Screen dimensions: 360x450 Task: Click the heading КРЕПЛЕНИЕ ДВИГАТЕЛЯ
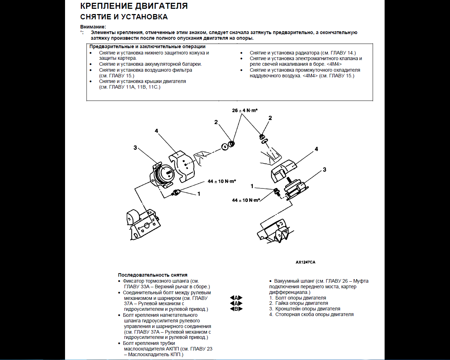(x=134, y=6)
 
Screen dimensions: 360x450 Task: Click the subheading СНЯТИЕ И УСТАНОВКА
(x=124, y=17)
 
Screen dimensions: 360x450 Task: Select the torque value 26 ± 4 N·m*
(x=245, y=110)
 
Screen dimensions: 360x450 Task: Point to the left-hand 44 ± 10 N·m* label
(x=221, y=181)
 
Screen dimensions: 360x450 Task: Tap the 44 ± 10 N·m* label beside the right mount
(x=246, y=200)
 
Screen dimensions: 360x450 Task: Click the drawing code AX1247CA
(x=305, y=262)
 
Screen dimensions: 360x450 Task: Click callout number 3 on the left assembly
(x=135, y=148)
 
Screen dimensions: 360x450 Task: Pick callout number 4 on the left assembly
(x=156, y=131)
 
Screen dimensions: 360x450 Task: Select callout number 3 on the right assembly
(x=324, y=169)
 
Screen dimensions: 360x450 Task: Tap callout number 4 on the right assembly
(x=316, y=149)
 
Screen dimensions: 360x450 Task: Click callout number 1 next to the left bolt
(x=199, y=194)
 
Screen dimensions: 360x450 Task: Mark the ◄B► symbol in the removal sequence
(x=236, y=309)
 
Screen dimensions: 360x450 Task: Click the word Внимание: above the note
(x=93, y=27)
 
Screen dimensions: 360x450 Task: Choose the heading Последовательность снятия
(x=153, y=275)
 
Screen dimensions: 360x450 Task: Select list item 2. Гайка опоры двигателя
(x=298, y=303)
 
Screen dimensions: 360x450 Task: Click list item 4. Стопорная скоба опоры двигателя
(x=311, y=314)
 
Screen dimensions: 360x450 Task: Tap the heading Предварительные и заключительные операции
(x=147, y=46)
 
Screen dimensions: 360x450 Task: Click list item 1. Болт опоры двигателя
(x=297, y=298)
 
